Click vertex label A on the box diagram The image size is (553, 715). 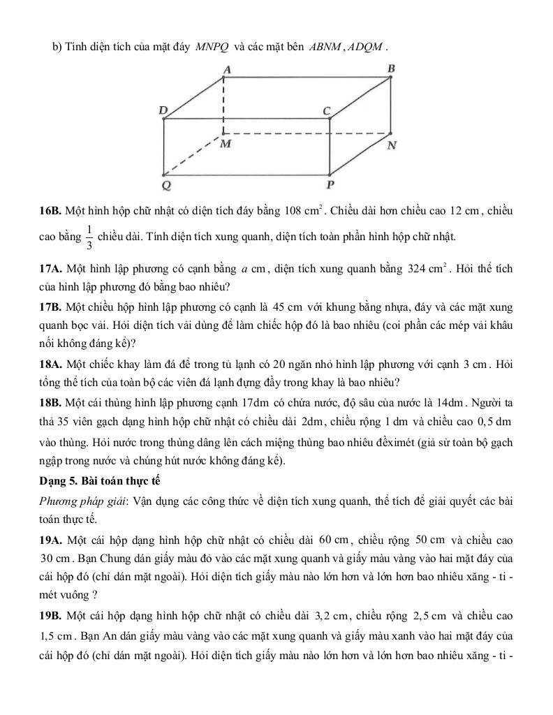(x=226, y=69)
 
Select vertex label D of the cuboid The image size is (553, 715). (x=163, y=110)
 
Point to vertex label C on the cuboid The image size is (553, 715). (x=325, y=110)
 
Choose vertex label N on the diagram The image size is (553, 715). (x=392, y=145)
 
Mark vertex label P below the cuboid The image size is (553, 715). (x=330, y=185)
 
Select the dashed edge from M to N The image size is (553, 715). (x=307, y=132)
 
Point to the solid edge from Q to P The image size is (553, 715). (x=244, y=175)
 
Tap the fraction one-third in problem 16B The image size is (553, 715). (x=89, y=236)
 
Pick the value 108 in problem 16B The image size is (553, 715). (x=293, y=210)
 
